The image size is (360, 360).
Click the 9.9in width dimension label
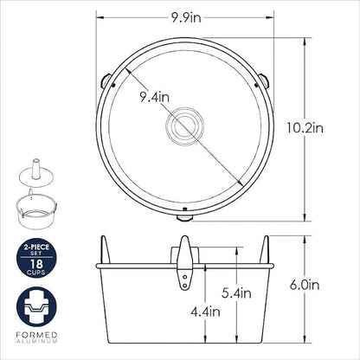[x=186, y=18]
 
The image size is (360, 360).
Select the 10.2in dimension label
[x=305, y=127]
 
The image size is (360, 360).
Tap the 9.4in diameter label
[x=155, y=97]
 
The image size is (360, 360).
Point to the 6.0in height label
[x=305, y=285]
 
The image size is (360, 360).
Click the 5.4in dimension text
[x=236, y=293]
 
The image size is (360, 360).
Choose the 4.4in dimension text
[x=205, y=312]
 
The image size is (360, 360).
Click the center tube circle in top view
[x=184, y=125]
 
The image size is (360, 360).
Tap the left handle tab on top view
[x=106, y=80]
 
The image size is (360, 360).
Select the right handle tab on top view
[x=263, y=80]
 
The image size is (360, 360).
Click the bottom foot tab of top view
[x=184, y=218]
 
